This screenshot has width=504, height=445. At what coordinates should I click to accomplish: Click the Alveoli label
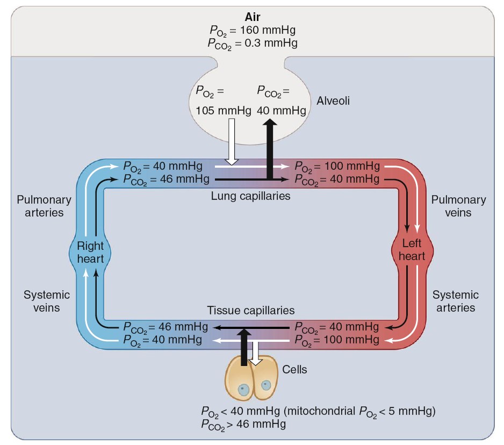coord(333,101)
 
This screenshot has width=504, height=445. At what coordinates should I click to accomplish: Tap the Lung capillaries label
coord(250,196)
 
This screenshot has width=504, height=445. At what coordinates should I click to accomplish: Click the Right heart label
coord(90,251)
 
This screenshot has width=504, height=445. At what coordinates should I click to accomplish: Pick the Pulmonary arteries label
coord(44,206)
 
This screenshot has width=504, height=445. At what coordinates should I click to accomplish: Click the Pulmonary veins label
coord(458,206)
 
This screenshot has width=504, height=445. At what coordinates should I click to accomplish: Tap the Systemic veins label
coord(47,301)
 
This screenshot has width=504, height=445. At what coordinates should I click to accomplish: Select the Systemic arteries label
coord(456,301)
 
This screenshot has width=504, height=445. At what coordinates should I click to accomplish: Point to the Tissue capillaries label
coord(251,311)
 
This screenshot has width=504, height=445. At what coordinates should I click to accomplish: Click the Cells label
coord(295,369)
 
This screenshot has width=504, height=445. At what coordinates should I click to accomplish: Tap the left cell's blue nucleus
coord(244,389)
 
